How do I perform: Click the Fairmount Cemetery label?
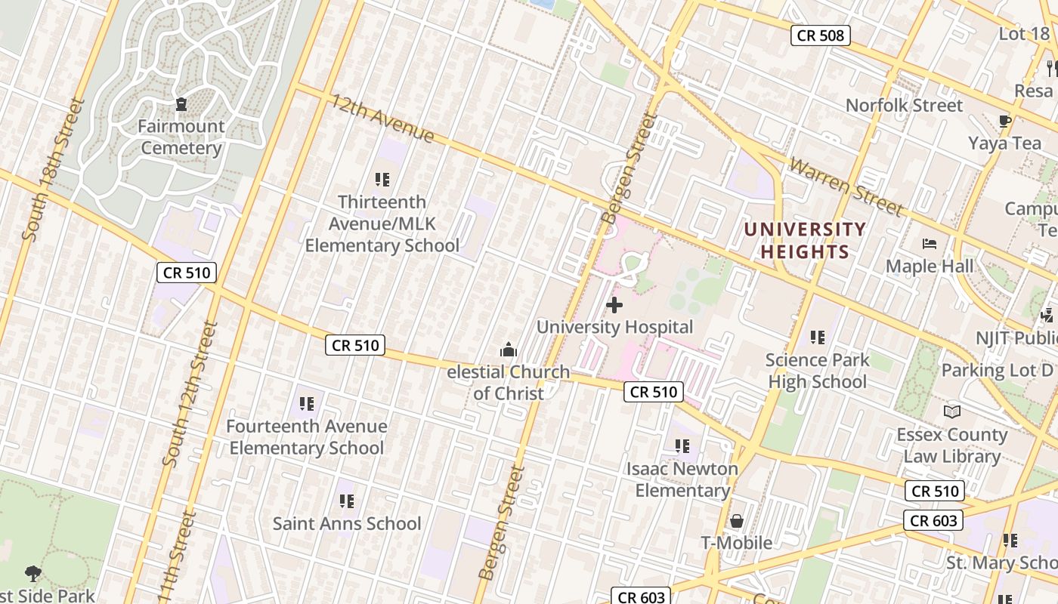182,137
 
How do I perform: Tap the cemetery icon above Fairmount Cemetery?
181,103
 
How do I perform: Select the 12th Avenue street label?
382,119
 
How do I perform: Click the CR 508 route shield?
821,35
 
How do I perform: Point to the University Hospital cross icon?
614,305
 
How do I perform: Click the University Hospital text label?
614,327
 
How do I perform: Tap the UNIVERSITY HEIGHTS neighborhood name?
805,240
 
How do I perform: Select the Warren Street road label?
846,186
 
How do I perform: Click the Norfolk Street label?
904,105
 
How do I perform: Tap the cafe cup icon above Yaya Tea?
1004,121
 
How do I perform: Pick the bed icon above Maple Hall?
930,244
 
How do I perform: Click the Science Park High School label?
818,371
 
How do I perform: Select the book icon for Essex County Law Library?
951,411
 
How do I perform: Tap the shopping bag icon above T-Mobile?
736,521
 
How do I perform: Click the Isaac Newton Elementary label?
682,479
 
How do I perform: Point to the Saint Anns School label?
347,523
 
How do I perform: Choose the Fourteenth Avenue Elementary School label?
307,437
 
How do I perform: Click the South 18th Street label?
52,169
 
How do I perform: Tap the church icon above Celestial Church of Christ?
509,350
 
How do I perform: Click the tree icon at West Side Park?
32,574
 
